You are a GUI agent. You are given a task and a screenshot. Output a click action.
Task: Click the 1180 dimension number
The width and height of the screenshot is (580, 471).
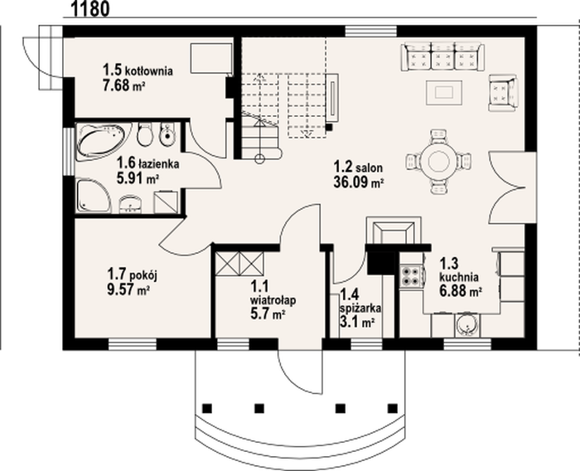tap(89, 8)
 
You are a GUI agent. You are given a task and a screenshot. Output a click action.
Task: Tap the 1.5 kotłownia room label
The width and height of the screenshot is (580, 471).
tap(138, 70)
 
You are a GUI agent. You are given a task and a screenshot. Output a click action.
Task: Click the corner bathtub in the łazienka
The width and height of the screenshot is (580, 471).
tap(103, 142)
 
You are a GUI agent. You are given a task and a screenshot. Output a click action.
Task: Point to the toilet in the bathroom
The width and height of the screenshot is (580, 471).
tap(145, 134)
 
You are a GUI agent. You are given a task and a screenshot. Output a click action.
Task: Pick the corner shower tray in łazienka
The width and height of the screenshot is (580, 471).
tap(93, 196)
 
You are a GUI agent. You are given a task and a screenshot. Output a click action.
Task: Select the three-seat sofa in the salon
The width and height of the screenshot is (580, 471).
tap(442, 56)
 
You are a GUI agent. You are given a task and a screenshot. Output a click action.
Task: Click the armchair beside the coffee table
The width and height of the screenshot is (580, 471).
tap(502, 93)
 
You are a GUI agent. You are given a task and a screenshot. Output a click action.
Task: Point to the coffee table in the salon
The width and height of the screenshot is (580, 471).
tap(444, 92)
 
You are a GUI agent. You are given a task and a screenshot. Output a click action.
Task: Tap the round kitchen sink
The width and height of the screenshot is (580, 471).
tap(466, 326)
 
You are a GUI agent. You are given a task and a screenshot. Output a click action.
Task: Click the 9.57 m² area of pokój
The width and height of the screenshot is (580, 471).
tap(128, 290)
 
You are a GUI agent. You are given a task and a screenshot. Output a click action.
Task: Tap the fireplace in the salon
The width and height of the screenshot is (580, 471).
tap(394, 231)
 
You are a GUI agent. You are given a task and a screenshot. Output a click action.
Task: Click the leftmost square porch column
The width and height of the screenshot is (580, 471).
tap(207, 409)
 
